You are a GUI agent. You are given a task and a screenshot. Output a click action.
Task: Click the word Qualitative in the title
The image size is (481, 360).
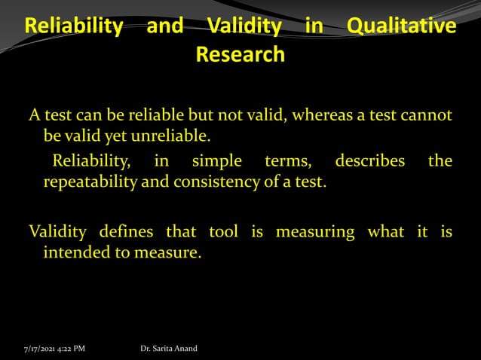401,27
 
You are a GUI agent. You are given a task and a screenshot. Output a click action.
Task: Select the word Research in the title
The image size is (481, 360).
240,55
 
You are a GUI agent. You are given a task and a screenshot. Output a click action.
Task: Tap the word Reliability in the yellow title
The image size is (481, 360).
74,27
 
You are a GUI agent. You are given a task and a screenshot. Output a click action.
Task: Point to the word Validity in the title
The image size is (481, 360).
245,27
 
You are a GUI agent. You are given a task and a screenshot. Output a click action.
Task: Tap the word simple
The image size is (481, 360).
217,161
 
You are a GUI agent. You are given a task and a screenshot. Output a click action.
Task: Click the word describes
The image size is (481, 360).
369,161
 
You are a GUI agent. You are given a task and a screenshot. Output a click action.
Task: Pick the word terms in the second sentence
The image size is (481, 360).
284,161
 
